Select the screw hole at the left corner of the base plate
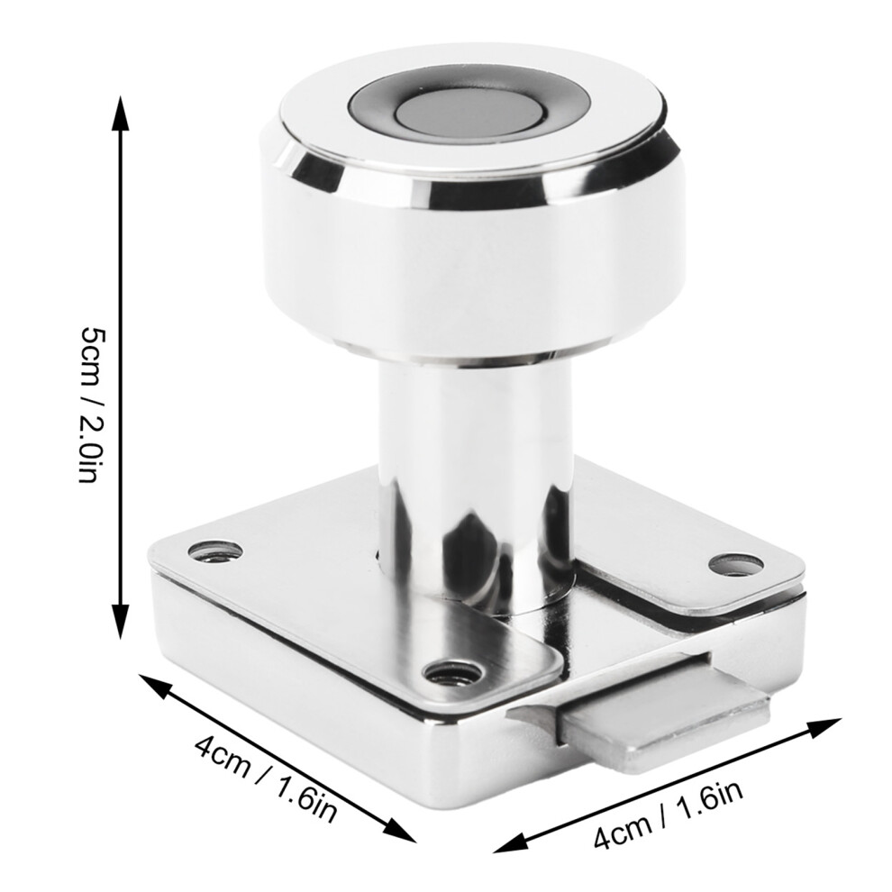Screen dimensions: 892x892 tap(214, 551)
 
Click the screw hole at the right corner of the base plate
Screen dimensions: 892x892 tap(736, 563)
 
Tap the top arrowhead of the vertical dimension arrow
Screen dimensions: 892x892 tap(120, 114)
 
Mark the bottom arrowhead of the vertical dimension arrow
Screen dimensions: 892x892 tap(120, 621)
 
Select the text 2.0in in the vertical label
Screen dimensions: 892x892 tap(90, 449)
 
